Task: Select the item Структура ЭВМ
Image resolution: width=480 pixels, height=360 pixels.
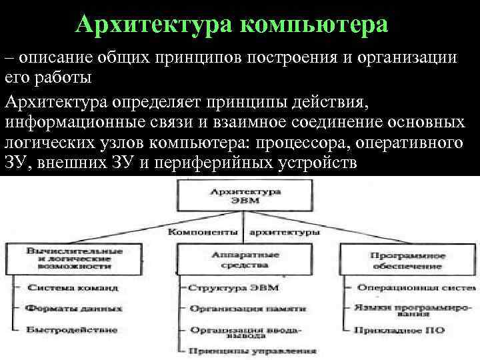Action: pyautogui.click(x=233, y=288)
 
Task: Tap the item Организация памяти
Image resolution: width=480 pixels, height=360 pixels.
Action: pyautogui.click(x=247, y=309)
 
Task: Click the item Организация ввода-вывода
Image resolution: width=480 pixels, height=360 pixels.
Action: pyautogui.click(x=245, y=332)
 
